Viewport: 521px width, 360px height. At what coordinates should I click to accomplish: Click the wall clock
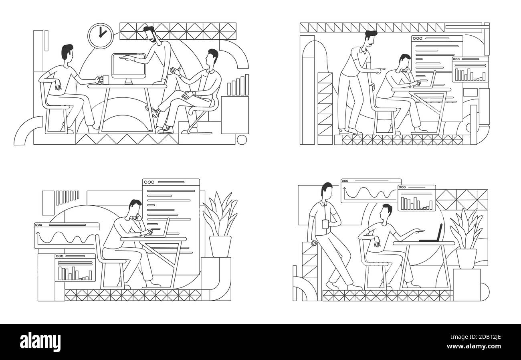(101, 36)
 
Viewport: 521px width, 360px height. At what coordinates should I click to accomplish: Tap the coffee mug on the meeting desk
(105, 80)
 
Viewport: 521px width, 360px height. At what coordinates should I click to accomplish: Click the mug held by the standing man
(325, 224)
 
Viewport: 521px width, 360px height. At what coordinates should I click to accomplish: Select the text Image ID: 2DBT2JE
(476, 337)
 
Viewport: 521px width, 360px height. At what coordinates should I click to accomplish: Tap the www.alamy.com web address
(474, 346)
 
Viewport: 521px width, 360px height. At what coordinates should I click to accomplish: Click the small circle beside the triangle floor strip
(242, 140)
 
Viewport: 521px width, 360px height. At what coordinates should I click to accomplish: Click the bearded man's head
(150, 34)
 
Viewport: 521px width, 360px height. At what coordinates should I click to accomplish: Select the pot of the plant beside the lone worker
(220, 247)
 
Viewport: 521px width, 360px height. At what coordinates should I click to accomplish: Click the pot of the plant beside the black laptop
(466, 259)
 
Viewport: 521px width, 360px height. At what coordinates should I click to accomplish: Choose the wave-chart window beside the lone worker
(67, 235)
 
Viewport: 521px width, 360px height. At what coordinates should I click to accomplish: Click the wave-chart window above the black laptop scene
(371, 191)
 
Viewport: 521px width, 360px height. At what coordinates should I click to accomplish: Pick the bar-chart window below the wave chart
(75, 268)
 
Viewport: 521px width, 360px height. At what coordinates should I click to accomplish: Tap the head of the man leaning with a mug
(327, 190)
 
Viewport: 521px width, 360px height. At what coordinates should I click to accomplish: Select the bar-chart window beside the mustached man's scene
(470, 70)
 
